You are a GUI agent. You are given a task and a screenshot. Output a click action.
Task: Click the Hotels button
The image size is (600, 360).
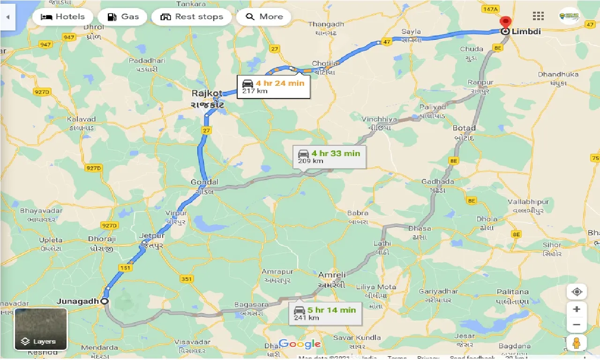click(63, 17)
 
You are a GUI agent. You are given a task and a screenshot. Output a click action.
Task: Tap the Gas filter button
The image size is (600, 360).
click(123, 17)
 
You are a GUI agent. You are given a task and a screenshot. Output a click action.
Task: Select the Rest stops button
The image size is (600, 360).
click(191, 17)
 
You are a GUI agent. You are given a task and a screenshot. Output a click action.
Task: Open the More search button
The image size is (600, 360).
click(264, 17)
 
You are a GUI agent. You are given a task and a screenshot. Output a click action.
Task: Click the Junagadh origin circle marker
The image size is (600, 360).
click(105, 301)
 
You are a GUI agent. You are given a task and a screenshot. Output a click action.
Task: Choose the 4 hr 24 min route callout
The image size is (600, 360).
click(273, 86)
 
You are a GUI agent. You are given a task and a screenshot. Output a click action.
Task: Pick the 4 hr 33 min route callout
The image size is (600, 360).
click(329, 157)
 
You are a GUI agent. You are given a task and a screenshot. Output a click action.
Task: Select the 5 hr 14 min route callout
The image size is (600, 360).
click(325, 313)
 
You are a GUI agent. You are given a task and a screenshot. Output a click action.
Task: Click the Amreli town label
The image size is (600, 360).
click(332, 275)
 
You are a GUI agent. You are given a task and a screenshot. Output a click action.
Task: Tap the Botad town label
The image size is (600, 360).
click(464, 128)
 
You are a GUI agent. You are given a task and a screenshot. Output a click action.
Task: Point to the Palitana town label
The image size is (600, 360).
click(513, 292)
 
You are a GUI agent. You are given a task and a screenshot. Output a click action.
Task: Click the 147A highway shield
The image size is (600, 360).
click(489, 9)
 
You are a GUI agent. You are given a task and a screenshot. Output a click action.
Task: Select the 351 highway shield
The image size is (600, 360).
click(186, 279)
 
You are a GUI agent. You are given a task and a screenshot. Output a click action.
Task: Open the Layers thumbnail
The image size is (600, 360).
click(41, 329)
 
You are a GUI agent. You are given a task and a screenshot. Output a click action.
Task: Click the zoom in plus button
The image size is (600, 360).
click(577, 309)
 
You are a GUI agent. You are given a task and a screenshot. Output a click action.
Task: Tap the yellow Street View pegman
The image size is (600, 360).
click(577, 343)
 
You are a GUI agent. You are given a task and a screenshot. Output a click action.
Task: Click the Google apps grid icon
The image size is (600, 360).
click(538, 16)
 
